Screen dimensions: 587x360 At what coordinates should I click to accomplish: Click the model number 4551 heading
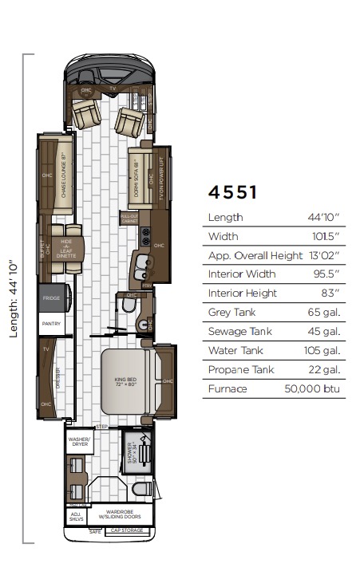click(232, 192)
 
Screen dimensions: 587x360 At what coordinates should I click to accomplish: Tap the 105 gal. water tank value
click(323, 351)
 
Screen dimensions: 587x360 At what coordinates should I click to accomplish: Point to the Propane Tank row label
click(239, 370)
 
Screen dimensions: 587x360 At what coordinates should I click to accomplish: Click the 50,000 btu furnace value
click(314, 389)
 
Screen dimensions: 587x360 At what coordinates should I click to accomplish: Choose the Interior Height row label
click(243, 293)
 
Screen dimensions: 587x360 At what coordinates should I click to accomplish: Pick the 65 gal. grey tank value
click(324, 313)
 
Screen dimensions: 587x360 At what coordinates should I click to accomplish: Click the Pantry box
click(51, 324)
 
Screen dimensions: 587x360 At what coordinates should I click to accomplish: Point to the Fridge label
click(51, 297)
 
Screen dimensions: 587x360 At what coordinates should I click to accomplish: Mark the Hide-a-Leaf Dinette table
click(67, 245)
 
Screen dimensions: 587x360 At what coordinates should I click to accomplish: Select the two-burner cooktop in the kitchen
click(145, 238)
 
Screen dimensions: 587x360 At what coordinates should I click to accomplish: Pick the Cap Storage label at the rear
click(125, 530)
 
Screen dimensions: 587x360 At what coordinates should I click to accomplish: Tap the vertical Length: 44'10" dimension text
click(13, 297)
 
